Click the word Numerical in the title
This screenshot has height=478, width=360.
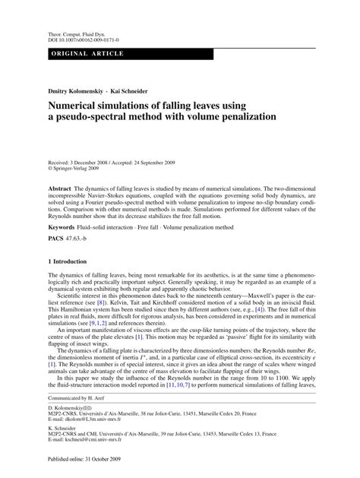pos(83,107)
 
